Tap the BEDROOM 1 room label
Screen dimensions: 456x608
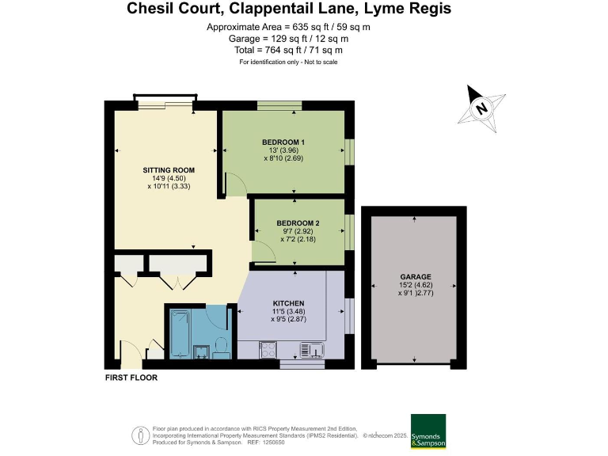(x=283, y=142)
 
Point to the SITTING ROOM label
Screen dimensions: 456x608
(x=169, y=170)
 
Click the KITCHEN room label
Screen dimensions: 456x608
(x=288, y=304)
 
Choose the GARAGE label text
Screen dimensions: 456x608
(x=415, y=277)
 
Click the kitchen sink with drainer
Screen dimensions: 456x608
(x=312, y=348)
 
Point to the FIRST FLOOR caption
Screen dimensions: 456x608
(x=131, y=378)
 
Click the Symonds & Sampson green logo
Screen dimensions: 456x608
(x=427, y=432)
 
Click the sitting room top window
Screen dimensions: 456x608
(x=165, y=104)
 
